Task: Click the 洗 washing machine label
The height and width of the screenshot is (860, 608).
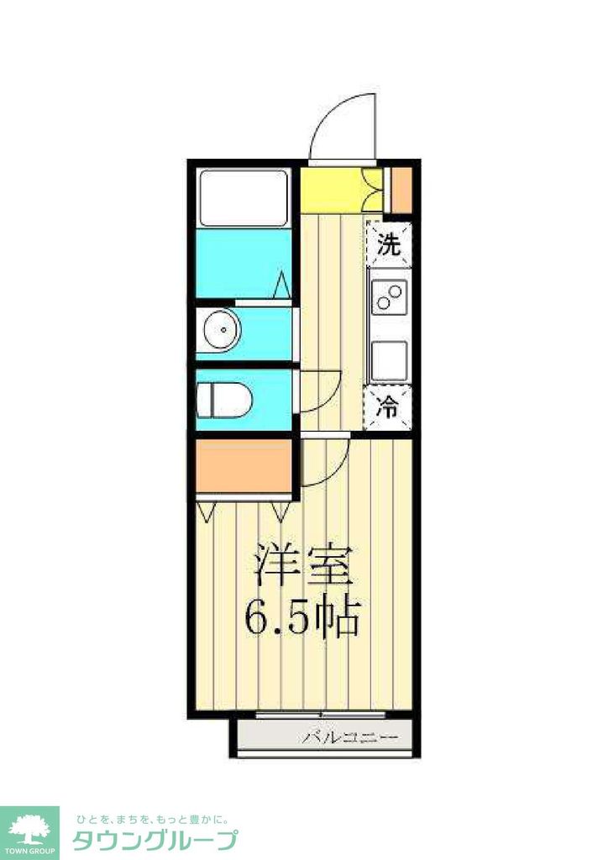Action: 389,245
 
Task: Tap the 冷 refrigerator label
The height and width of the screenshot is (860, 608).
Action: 388,409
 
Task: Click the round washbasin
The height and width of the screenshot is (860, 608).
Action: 223,329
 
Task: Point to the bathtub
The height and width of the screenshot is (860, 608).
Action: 244,197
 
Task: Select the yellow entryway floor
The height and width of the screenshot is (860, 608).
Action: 331,190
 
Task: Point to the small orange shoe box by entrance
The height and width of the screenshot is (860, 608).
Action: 401,190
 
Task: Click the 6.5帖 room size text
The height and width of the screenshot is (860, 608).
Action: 302,618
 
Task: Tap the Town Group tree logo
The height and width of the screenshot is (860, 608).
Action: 29,831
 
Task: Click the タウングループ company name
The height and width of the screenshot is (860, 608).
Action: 155,841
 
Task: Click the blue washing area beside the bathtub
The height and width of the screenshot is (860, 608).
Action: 244,262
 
